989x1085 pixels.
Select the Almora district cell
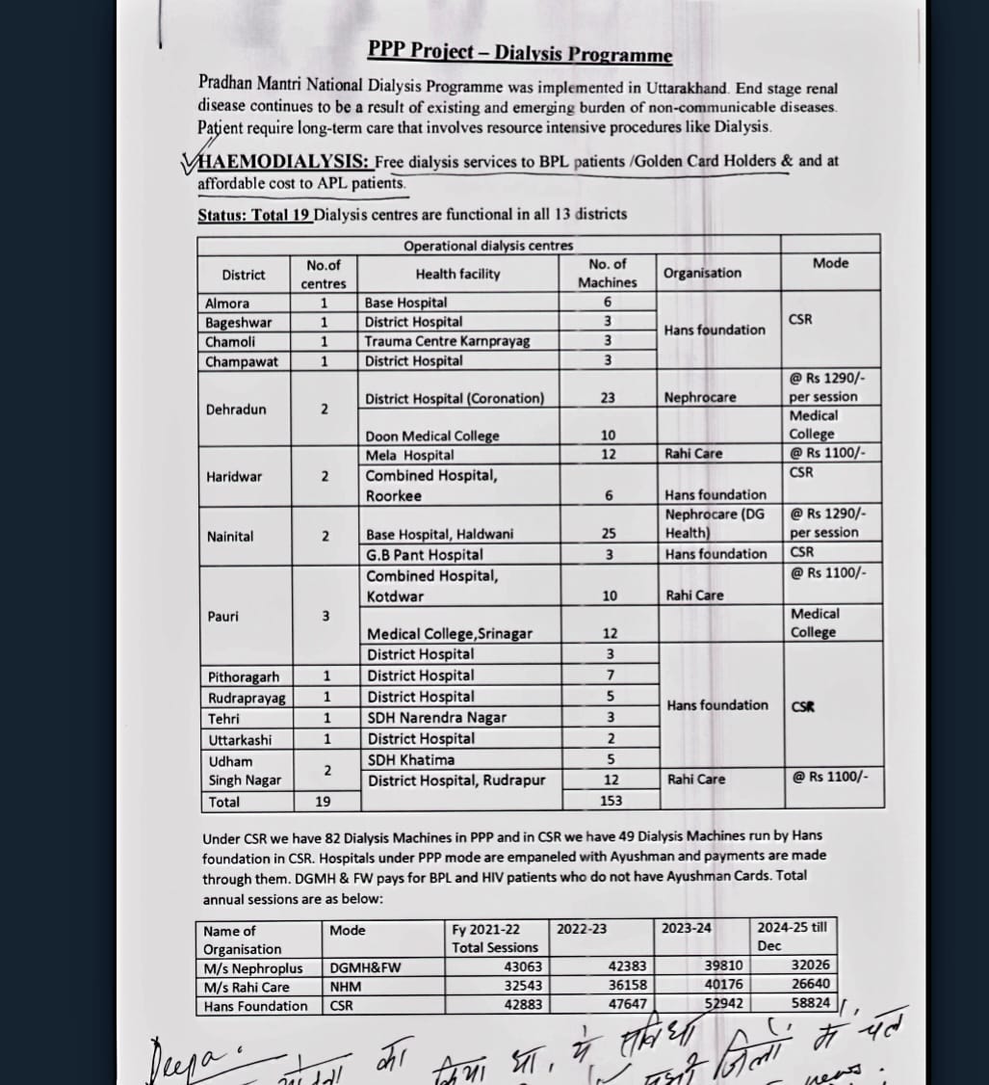pos(227,303)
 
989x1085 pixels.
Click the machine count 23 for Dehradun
pos(608,398)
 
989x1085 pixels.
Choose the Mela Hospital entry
pos(410,455)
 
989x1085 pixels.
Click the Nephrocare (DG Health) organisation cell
pos(714,523)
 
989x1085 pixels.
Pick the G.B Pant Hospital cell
pos(425,554)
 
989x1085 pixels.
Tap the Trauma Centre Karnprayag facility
pos(447,341)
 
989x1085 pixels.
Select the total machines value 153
pos(610,800)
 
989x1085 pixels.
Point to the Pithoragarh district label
pos(244,676)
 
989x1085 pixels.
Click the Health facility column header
pos(458,274)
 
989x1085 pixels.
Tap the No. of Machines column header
pos(608,273)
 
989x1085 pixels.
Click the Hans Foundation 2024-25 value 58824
pos(810,1003)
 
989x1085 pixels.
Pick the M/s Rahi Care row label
pos(247,987)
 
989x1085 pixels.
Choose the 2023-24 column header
pos(687,928)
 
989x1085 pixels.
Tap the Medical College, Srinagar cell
pos(449,633)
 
